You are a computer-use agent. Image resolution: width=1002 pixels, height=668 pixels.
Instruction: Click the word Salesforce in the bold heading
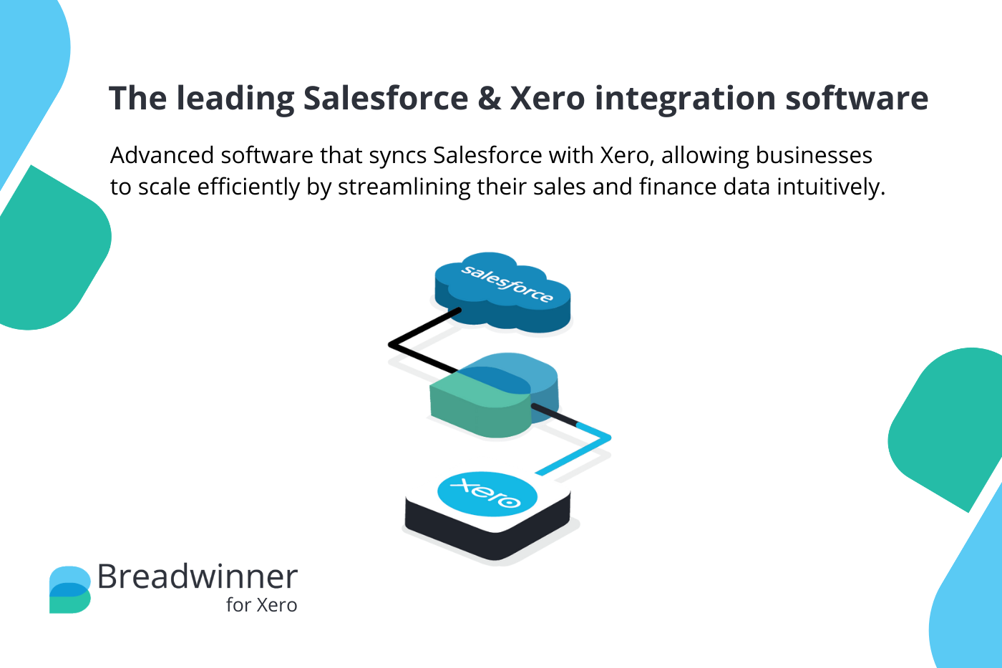pyautogui.click(x=386, y=98)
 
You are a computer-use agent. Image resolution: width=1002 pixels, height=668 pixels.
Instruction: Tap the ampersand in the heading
pyautogui.click(x=489, y=98)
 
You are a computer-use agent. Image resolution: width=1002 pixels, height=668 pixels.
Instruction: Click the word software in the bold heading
pyautogui.click(x=857, y=98)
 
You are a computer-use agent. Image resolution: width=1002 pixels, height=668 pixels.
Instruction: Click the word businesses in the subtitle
pyautogui.click(x=814, y=156)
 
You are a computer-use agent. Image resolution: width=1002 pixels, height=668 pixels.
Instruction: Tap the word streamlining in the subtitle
pyautogui.click(x=404, y=187)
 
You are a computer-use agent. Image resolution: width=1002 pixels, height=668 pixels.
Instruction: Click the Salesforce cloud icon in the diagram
pyautogui.click(x=502, y=292)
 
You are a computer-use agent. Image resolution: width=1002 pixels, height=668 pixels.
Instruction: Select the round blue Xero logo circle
pyautogui.click(x=487, y=493)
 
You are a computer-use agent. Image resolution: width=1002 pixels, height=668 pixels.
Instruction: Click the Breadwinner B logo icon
pyautogui.click(x=70, y=590)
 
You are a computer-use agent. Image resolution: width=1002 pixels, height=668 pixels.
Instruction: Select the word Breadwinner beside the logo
pyautogui.click(x=198, y=576)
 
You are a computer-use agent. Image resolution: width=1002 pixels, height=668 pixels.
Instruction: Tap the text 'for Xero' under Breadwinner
pyautogui.click(x=262, y=605)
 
